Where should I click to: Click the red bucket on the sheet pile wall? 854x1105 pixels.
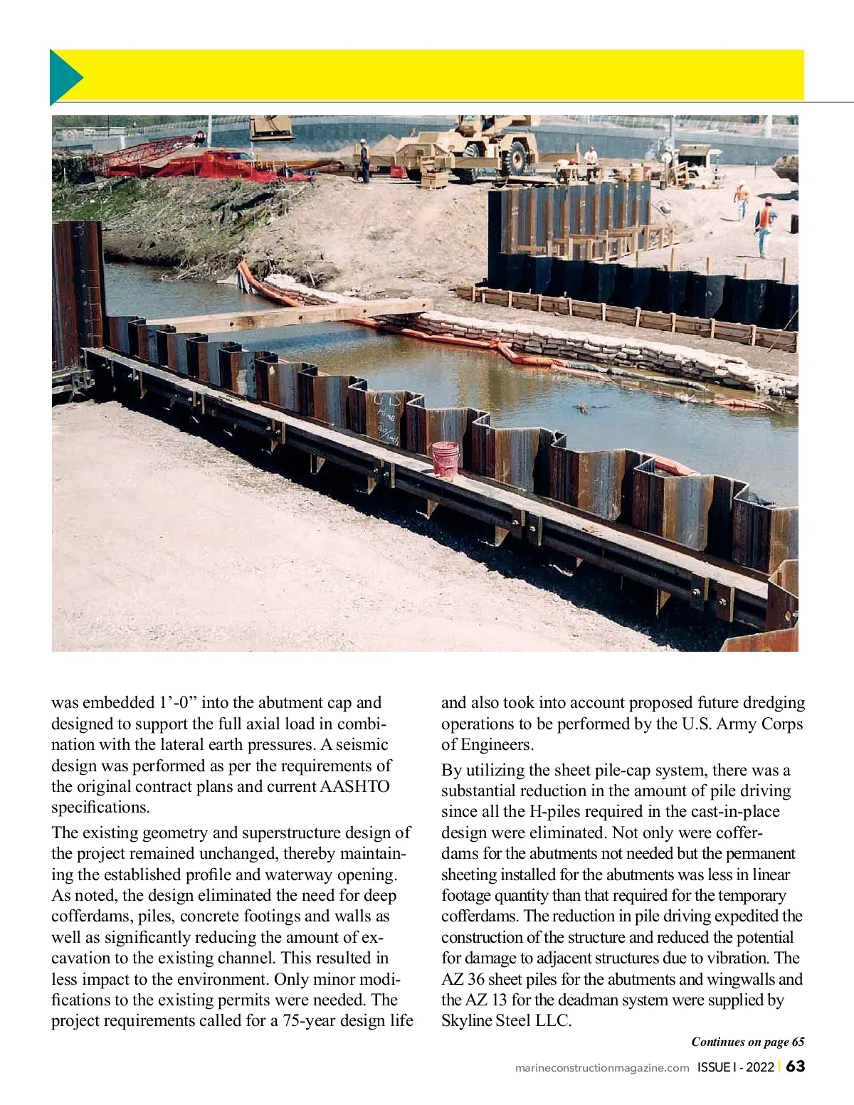(x=445, y=459)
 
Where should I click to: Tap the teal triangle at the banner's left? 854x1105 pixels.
(x=63, y=77)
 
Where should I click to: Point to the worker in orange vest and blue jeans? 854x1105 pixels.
(x=764, y=225)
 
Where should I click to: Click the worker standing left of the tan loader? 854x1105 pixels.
(x=364, y=160)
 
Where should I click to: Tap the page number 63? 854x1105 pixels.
(x=796, y=1066)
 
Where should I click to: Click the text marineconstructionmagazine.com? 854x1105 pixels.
(x=602, y=1067)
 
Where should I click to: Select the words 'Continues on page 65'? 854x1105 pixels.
(x=747, y=1042)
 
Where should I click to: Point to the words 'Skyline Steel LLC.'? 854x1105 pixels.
(x=506, y=1020)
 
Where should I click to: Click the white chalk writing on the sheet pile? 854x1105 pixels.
(x=385, y=421)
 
